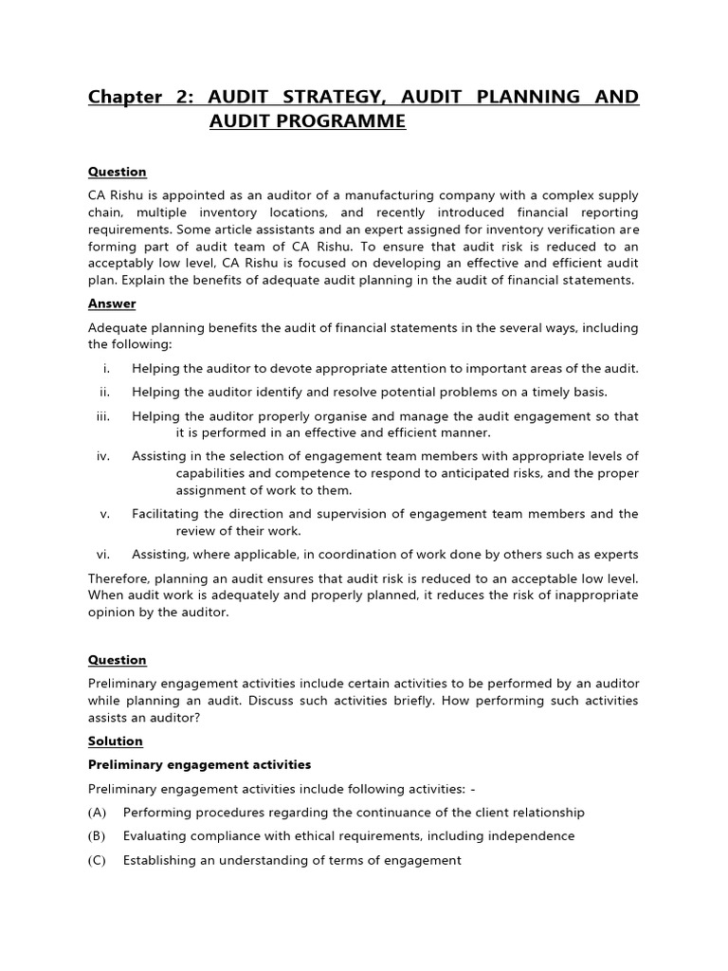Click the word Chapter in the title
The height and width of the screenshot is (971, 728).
[x=125, y=98]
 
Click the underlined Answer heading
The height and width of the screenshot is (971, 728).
[x=112, y=303]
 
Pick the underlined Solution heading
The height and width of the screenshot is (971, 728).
[x=116, y=741]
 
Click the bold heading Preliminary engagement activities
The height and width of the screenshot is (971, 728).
[x=199, y=764]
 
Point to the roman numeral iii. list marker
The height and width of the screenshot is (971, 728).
[x=103, y=416]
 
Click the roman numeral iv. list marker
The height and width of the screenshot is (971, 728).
[x=103, y=456]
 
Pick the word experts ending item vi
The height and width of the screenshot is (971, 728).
[x=615, y=555]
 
